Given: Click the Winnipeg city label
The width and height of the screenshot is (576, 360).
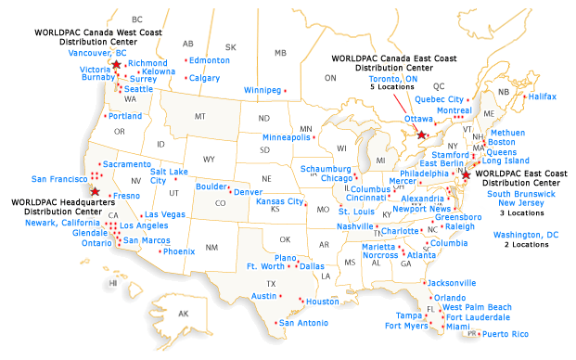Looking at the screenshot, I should pos(262,90).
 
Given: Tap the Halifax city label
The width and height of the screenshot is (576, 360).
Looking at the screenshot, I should pos(543,96).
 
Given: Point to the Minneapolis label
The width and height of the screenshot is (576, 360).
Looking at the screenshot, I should pos(287,137).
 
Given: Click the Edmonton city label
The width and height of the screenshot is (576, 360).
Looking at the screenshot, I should pos(209,60).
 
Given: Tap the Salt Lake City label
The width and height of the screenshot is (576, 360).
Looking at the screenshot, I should pos(170,176).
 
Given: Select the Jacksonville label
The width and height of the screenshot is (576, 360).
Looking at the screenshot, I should pos(452,283).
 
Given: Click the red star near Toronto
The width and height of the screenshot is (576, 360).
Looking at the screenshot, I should pos(422,135).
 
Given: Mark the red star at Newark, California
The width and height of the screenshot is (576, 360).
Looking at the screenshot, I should pos(95,192).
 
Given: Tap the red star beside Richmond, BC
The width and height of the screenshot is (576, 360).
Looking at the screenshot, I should pos(116,64).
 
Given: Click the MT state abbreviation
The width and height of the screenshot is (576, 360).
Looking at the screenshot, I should pos(198,116).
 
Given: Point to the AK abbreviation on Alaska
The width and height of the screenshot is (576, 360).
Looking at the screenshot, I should pos(183,313).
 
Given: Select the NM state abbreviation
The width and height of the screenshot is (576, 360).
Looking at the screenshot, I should pos(211,247).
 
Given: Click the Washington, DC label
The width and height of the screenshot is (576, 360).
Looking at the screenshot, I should pos(526,235).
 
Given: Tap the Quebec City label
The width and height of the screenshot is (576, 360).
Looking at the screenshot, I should pos(439,99).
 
